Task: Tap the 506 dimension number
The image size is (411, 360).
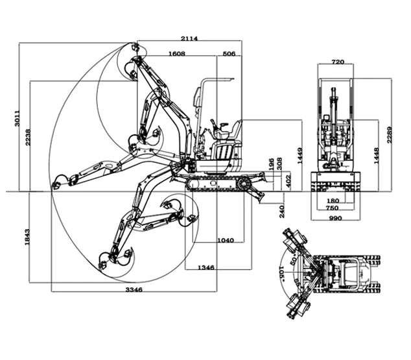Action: pos(229,54)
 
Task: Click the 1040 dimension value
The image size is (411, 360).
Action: pos(226,241)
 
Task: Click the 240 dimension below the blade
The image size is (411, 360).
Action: pos(281,211)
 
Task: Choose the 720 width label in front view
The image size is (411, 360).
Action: pos(337,62)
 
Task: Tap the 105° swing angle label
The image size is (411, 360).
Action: pos(282,270)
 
